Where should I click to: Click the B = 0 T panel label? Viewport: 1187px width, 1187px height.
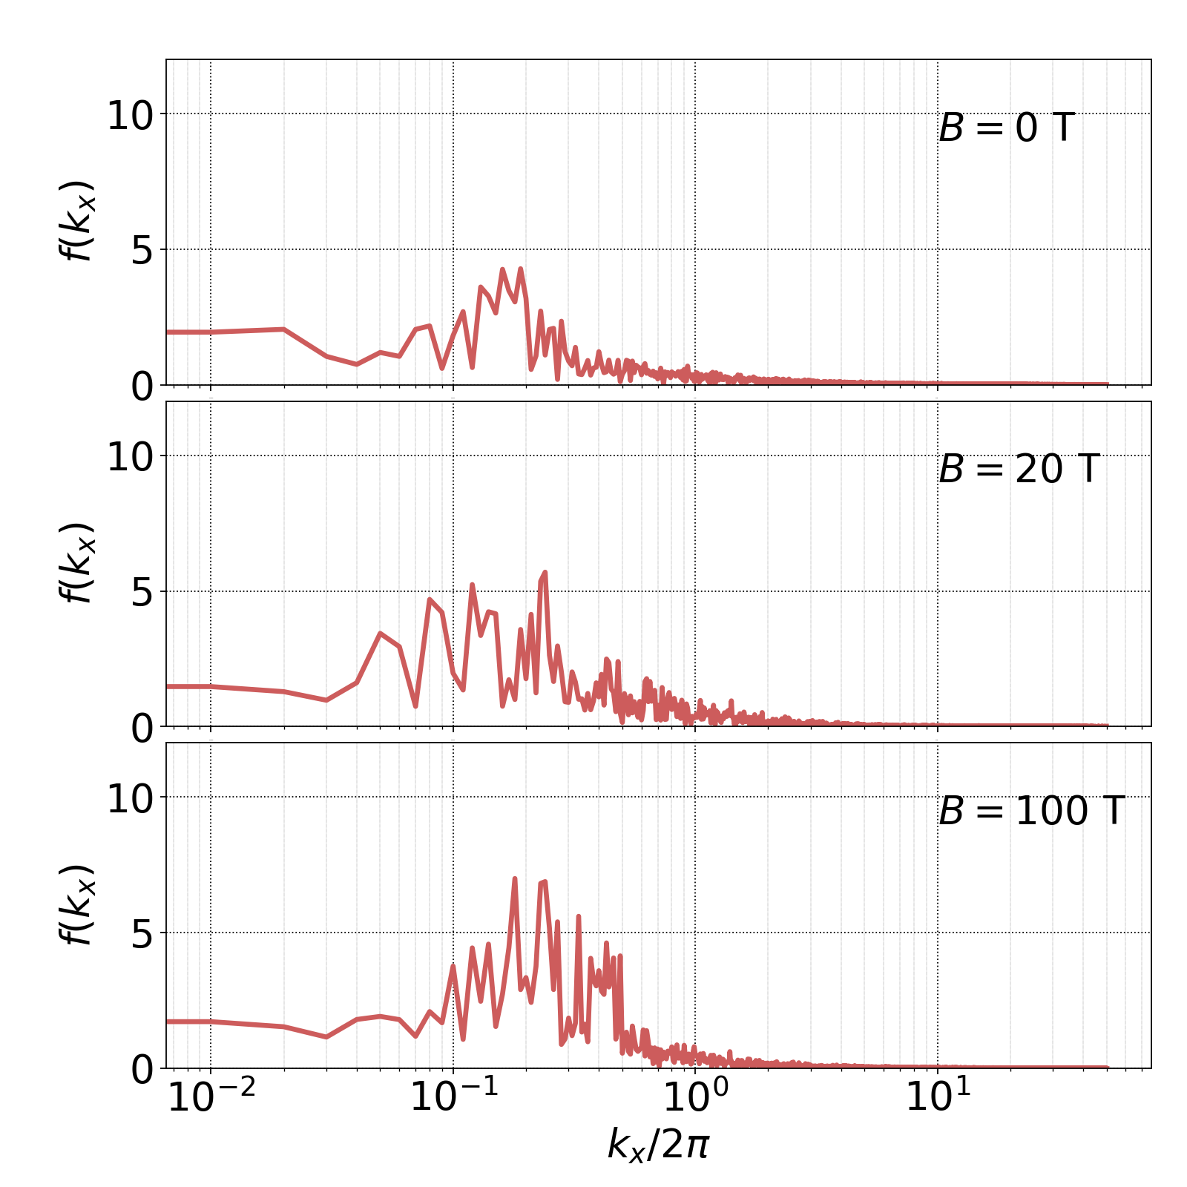pos(1006,128)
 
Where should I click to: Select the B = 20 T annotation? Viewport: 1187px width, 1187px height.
pos(1019,470)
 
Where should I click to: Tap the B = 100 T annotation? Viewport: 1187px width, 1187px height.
pos(1032,811)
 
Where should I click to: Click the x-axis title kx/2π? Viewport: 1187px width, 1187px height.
pos(658,1143)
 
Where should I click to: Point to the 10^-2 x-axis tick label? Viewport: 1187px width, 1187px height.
pos(211,1096)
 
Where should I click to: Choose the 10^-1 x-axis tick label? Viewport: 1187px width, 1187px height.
pos(453,1096)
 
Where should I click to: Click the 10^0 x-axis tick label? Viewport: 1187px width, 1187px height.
pos(695,1096)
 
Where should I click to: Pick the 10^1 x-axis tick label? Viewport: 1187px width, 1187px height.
pos(938,1096)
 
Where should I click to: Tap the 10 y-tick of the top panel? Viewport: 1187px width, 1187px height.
pos(130,115)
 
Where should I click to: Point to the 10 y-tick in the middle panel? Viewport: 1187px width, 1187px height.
pos(130,457)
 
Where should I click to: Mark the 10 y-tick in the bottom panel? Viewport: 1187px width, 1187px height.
pos(130,798)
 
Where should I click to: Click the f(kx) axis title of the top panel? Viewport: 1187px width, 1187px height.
pos(76,221)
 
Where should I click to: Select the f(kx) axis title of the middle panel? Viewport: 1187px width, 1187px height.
pos(76,563)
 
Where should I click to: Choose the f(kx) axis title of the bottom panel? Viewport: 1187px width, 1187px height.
pos(76,905)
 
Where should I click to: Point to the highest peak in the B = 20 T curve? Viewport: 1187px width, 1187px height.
pos(545,572)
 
